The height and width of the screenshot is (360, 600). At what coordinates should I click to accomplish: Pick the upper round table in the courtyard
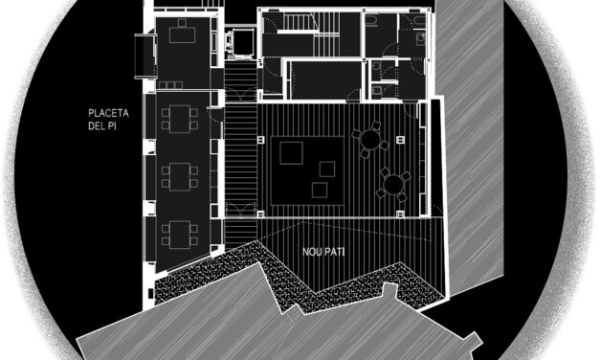click(x=367, y=142)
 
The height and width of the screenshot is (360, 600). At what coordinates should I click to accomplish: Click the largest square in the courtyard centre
click(x=290, y=151)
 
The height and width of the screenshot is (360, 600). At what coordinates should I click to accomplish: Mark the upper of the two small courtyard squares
click(x=327, y=169)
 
